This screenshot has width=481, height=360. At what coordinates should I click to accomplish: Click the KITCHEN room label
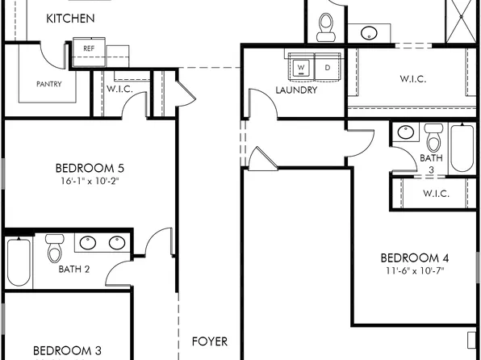pyautogui.click(x=70, y=19)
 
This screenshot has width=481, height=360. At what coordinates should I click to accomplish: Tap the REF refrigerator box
pyautogui.click(x=89, y=48)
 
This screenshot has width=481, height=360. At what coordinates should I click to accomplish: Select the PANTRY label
pyautogui.click(x=49, y=83)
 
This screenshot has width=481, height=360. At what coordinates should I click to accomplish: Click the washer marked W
pyautogui.click(x=301, y=67)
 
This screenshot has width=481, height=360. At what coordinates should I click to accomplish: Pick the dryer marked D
pyautogui.click(x=327, y=67)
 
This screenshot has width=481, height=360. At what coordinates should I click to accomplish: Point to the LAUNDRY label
pyautogui.click(x=295, y=90)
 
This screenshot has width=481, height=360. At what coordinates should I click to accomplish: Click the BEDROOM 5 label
pyautogui.click(x=89, y=168)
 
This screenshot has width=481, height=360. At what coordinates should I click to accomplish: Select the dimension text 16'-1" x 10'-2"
pyautogui.click(x=89, y=182)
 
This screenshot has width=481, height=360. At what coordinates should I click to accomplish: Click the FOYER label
pyautogui.click(x=209, y=341)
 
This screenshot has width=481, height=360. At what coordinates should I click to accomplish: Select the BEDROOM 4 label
pyautogui.click(x=414, y=258)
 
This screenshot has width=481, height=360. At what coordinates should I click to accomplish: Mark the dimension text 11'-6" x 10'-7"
pyautogui.click(x=414, y=271)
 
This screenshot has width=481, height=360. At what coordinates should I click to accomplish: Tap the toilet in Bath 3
pyautogui.click(x=433, y=139)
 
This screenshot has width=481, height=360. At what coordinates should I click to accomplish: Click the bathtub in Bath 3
pyautogui.click(x=462, y=147)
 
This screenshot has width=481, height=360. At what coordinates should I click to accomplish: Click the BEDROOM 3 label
pyautogui.click(x=67, y=351)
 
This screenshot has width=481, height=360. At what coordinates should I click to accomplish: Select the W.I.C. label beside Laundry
pyautogui.click(x=412, y=79)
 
